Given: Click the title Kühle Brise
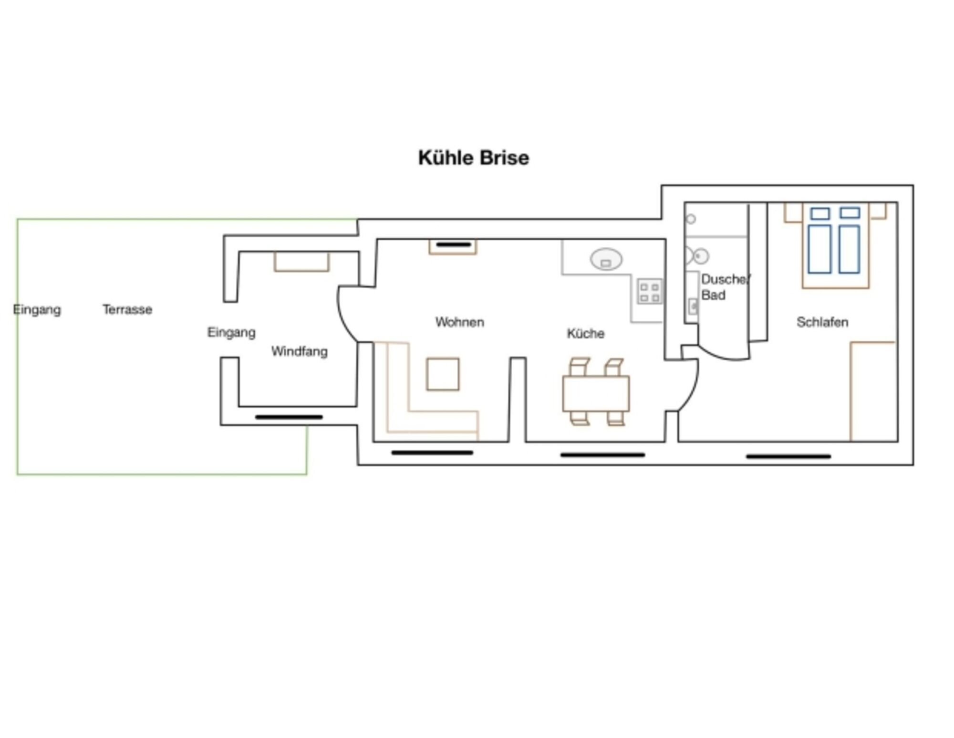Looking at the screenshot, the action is pos(474,158).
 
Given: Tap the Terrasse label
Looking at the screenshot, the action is pos(127,309).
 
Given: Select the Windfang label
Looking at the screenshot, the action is pos(300,352).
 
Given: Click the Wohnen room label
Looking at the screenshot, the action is pos(460,322).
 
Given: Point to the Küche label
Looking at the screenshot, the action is pos(586,333).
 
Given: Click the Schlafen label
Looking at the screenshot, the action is pos(822,322).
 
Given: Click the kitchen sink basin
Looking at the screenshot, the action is pos(606,259).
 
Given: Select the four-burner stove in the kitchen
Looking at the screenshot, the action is pos(650,291).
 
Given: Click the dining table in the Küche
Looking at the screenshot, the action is pos(596,393).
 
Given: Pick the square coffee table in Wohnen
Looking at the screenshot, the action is pos(443,374).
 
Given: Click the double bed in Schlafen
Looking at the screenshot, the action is pos(835,245).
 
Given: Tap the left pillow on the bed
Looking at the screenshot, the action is pos(820,213).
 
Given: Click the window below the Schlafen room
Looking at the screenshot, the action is pos(788,456).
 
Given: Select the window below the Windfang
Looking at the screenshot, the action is pos(289,417).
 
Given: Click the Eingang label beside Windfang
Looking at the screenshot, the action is pos(231,332).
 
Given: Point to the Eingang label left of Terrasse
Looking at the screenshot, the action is pos(37,310).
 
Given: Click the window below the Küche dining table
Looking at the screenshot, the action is pos(602,455).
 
